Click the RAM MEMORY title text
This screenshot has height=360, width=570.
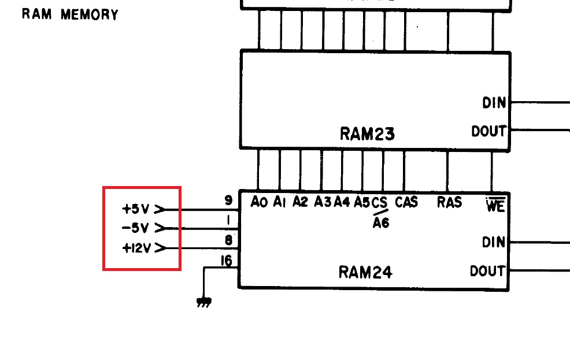70,14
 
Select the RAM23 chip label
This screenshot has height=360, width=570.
367,135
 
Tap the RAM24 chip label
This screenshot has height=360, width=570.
365,272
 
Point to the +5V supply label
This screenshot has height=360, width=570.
136,209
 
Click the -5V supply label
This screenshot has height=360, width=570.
136,228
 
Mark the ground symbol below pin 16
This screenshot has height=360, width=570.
203,302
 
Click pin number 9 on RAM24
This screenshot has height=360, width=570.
228,201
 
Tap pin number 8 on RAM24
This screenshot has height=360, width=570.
229,240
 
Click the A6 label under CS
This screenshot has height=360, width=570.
380,223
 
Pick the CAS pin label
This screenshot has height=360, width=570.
407,202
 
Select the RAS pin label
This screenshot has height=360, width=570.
449,202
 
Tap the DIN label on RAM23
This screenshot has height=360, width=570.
494,103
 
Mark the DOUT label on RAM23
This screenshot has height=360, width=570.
488,132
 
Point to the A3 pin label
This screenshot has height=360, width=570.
323,202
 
